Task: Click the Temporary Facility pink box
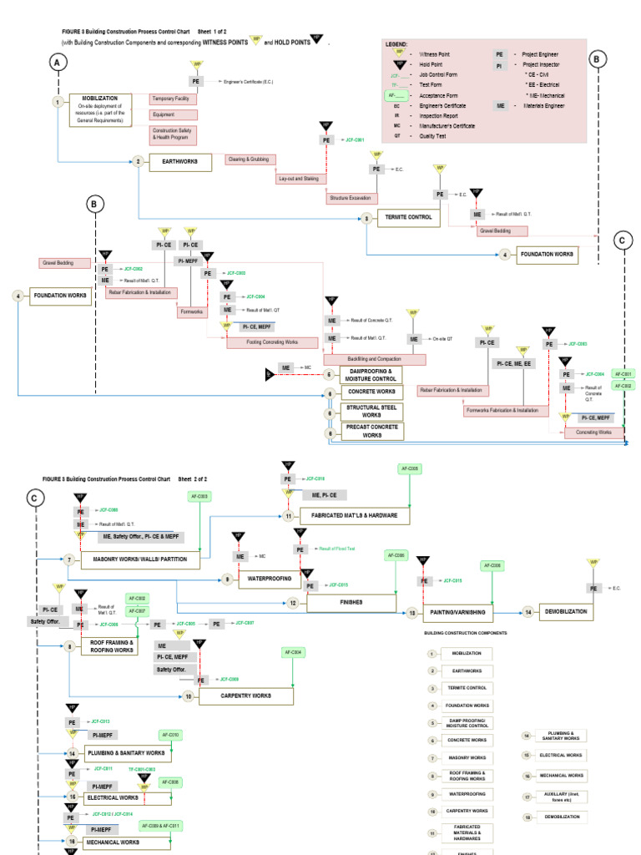tap(173, 99)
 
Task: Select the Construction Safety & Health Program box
tap(173, 134)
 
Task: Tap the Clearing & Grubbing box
tap(250, 159)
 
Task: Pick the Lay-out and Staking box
tap(298, 179)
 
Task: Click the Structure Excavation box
tap(351, 199)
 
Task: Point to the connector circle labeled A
tap(58, 63)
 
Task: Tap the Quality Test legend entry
tap(431, 135)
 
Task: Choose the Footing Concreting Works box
tap(271, 342)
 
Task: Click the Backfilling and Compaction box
tap(374, 359)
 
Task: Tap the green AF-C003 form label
tap(200, 496)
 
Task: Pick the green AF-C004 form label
tap(294, 651)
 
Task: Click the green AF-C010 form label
tap(169, 735)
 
